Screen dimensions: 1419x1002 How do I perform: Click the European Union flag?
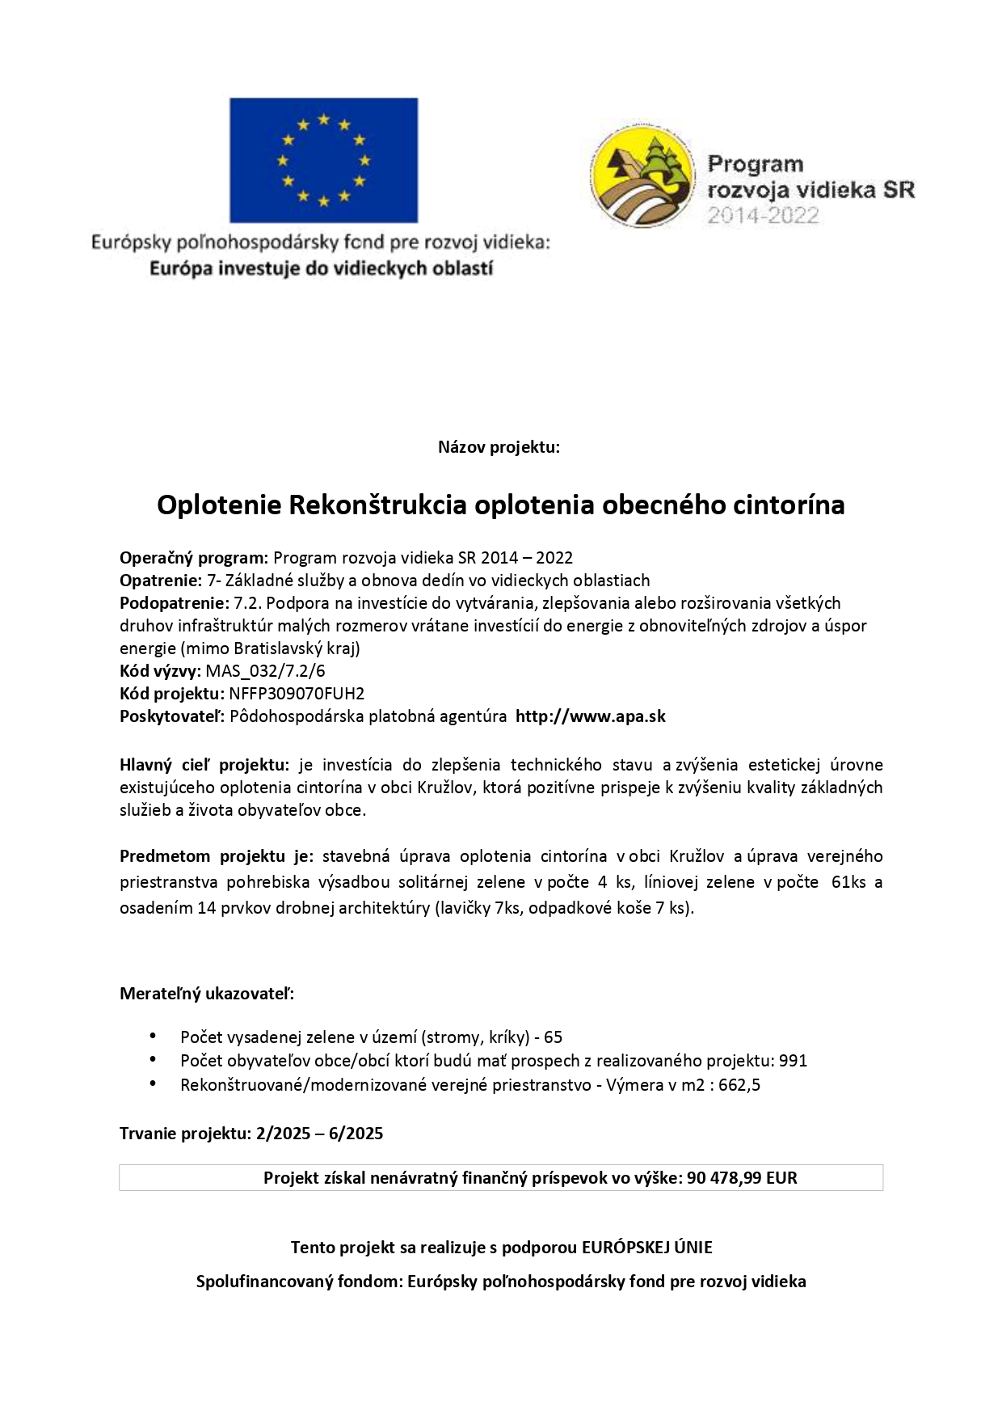tap(323, 160)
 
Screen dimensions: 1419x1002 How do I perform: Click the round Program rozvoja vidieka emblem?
tap(642, 177)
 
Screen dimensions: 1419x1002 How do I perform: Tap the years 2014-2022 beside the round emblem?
tap(763, 216)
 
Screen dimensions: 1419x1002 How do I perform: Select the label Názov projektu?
tap(499, 447)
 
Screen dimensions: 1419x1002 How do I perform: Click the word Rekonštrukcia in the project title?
tap(377, 505)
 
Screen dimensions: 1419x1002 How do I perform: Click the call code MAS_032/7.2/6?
tap(265, 670)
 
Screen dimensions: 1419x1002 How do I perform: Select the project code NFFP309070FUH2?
tap(297, 693)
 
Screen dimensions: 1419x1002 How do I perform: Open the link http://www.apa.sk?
tap(590, 716)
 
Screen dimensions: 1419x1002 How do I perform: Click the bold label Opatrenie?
tap(160, 580)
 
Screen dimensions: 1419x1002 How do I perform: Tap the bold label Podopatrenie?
tap(175, 602)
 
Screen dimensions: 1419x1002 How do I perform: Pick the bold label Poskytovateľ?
tap(172, 716)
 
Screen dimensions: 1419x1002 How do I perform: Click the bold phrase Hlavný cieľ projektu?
tap(204, 764)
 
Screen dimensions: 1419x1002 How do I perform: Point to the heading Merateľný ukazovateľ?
tap(207, 993)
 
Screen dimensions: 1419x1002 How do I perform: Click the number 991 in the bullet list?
tap(794, 1060)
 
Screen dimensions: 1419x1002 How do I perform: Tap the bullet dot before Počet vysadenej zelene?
tap(153, 1036)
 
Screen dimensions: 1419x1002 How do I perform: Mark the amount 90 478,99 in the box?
tap(724, 1177)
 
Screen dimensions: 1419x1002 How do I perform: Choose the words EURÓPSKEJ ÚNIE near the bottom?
tap(646, 1247)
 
